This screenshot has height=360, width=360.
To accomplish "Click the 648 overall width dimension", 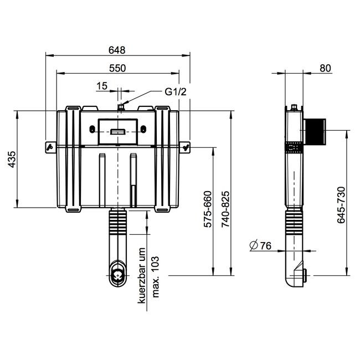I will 117,50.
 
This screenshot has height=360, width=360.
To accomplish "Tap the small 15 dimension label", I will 101,85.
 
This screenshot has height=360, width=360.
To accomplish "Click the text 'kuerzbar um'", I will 142,275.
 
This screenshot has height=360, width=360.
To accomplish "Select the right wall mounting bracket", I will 187,147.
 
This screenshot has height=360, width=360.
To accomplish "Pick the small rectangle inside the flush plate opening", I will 119,131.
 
